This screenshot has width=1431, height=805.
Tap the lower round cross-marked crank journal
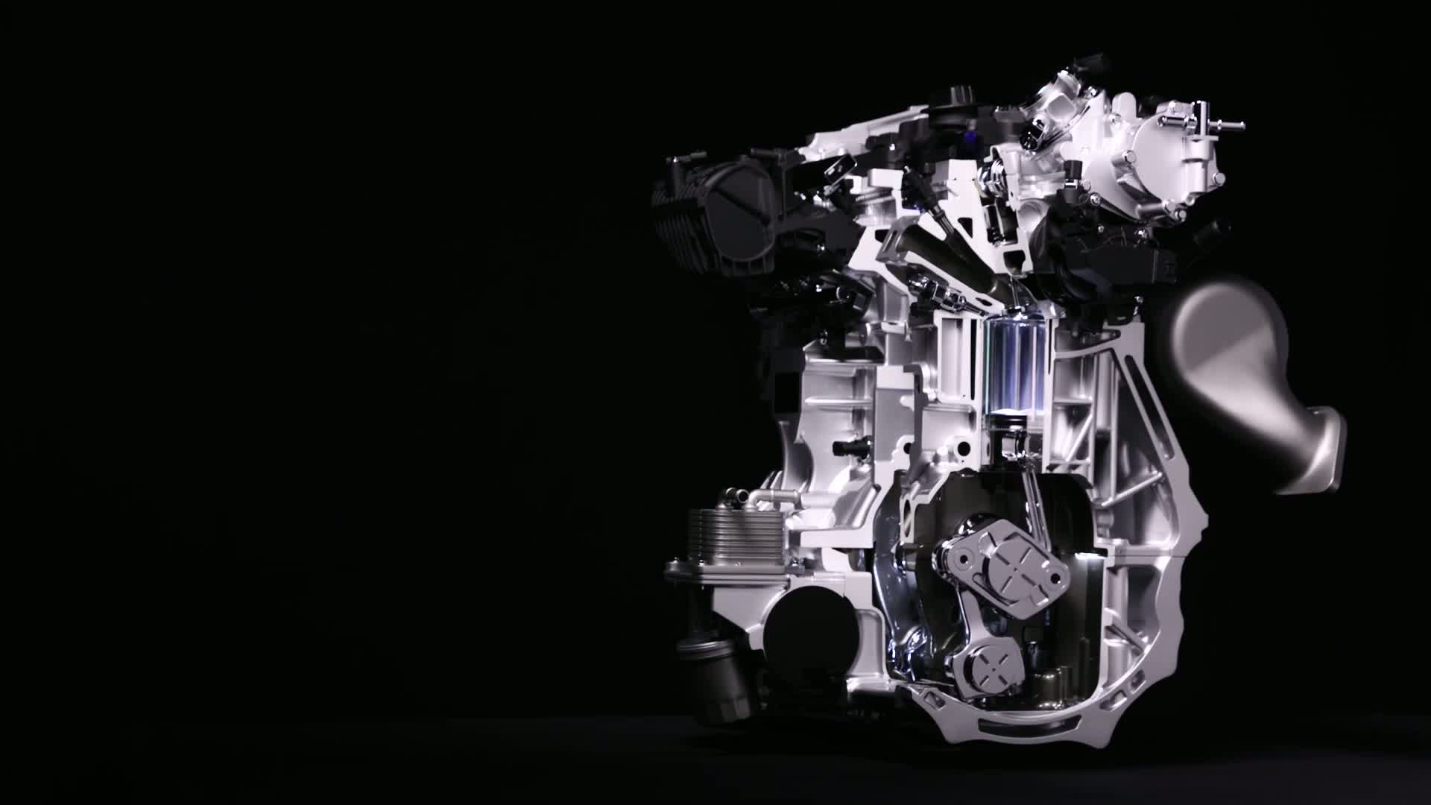(988, 656)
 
